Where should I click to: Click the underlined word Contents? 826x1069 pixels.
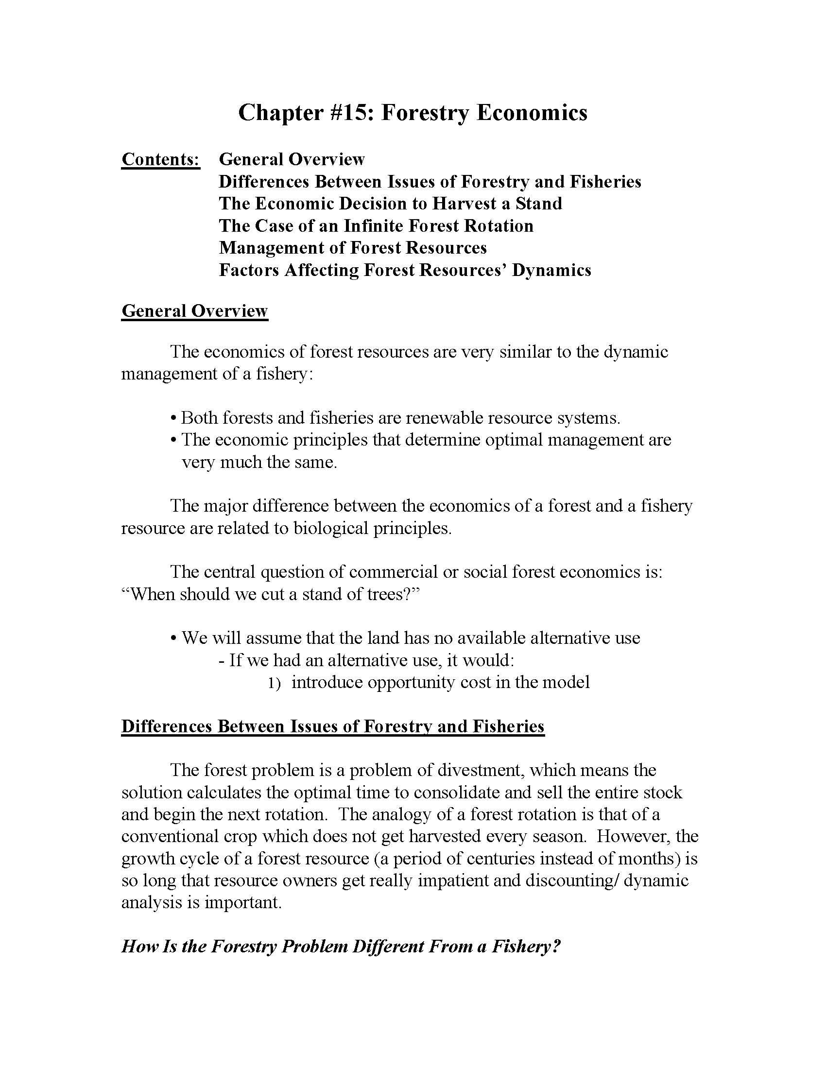[160, 159]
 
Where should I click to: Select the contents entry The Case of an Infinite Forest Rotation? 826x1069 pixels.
[376, 225]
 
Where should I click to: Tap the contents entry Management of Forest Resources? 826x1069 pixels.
[352, 248]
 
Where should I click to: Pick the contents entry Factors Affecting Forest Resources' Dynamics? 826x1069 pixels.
[405, 270]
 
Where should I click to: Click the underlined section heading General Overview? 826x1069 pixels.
[194, 311]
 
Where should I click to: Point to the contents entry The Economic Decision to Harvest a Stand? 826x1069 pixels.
[390, 204]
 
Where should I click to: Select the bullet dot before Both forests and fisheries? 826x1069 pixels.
[173, 419]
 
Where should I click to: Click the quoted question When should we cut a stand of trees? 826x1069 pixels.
[271, 594]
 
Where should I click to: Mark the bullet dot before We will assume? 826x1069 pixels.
[173, 639]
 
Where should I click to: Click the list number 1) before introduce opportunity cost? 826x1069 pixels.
[274, 683]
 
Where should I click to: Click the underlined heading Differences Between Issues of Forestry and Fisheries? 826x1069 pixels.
[333, 726]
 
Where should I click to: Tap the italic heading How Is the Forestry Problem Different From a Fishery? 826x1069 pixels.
[341, 946]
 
